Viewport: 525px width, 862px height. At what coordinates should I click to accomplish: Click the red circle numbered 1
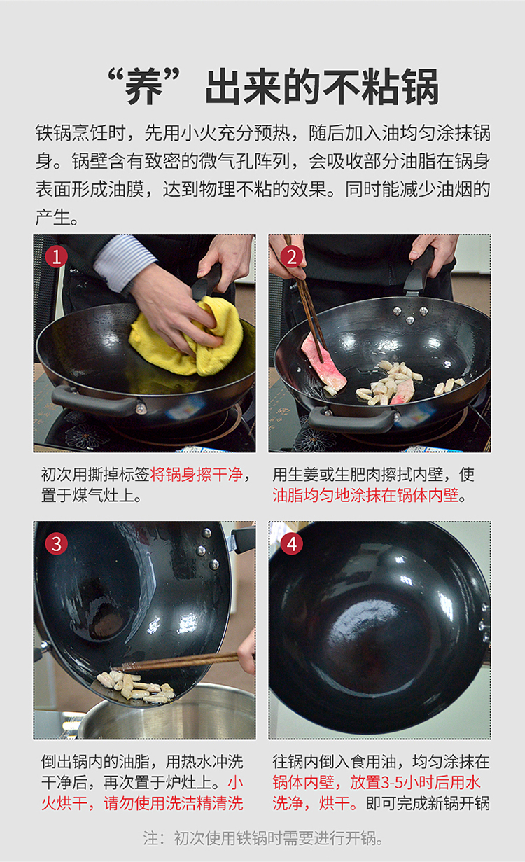57,257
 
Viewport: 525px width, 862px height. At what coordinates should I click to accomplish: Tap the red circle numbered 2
291,257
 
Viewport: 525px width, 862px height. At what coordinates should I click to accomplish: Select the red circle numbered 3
57,544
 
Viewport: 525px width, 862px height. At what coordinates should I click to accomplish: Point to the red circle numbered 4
291,544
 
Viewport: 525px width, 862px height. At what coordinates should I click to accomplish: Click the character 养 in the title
144,87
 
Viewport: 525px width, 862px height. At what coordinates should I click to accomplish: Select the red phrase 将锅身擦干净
196,475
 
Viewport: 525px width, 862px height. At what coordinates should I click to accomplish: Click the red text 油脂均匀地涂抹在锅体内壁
366,495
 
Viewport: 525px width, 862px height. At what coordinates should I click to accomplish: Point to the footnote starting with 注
263,838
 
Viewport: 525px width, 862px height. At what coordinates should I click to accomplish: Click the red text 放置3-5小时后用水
415,783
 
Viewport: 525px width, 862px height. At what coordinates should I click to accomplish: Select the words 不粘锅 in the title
381,87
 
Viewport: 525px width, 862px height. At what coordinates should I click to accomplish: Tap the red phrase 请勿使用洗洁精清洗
173,803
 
